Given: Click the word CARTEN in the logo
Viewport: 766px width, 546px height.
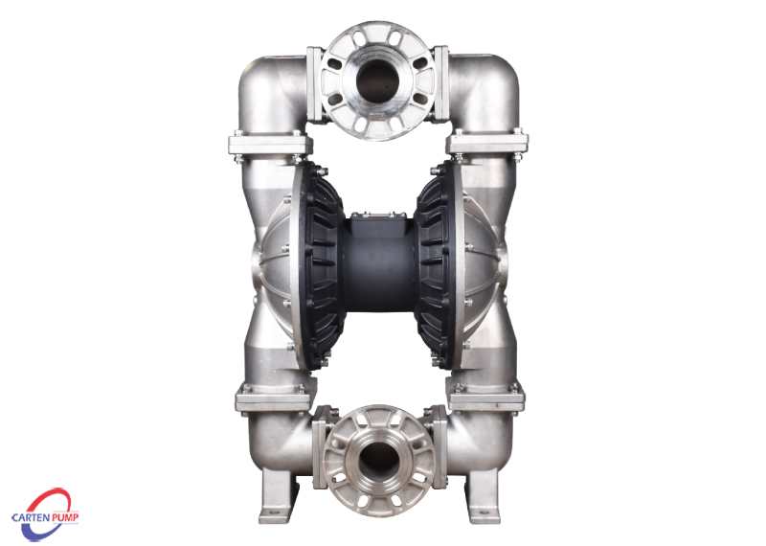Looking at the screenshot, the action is click(x=30, y=517).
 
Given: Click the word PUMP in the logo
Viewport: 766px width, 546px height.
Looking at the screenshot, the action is click(x=64, y=517).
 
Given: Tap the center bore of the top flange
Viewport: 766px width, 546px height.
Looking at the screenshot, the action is click(x=377, y=81).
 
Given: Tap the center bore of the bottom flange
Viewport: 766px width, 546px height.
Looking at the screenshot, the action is click(x=378, y=461).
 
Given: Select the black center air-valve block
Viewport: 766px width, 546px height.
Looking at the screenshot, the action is click(x=378, y=263).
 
